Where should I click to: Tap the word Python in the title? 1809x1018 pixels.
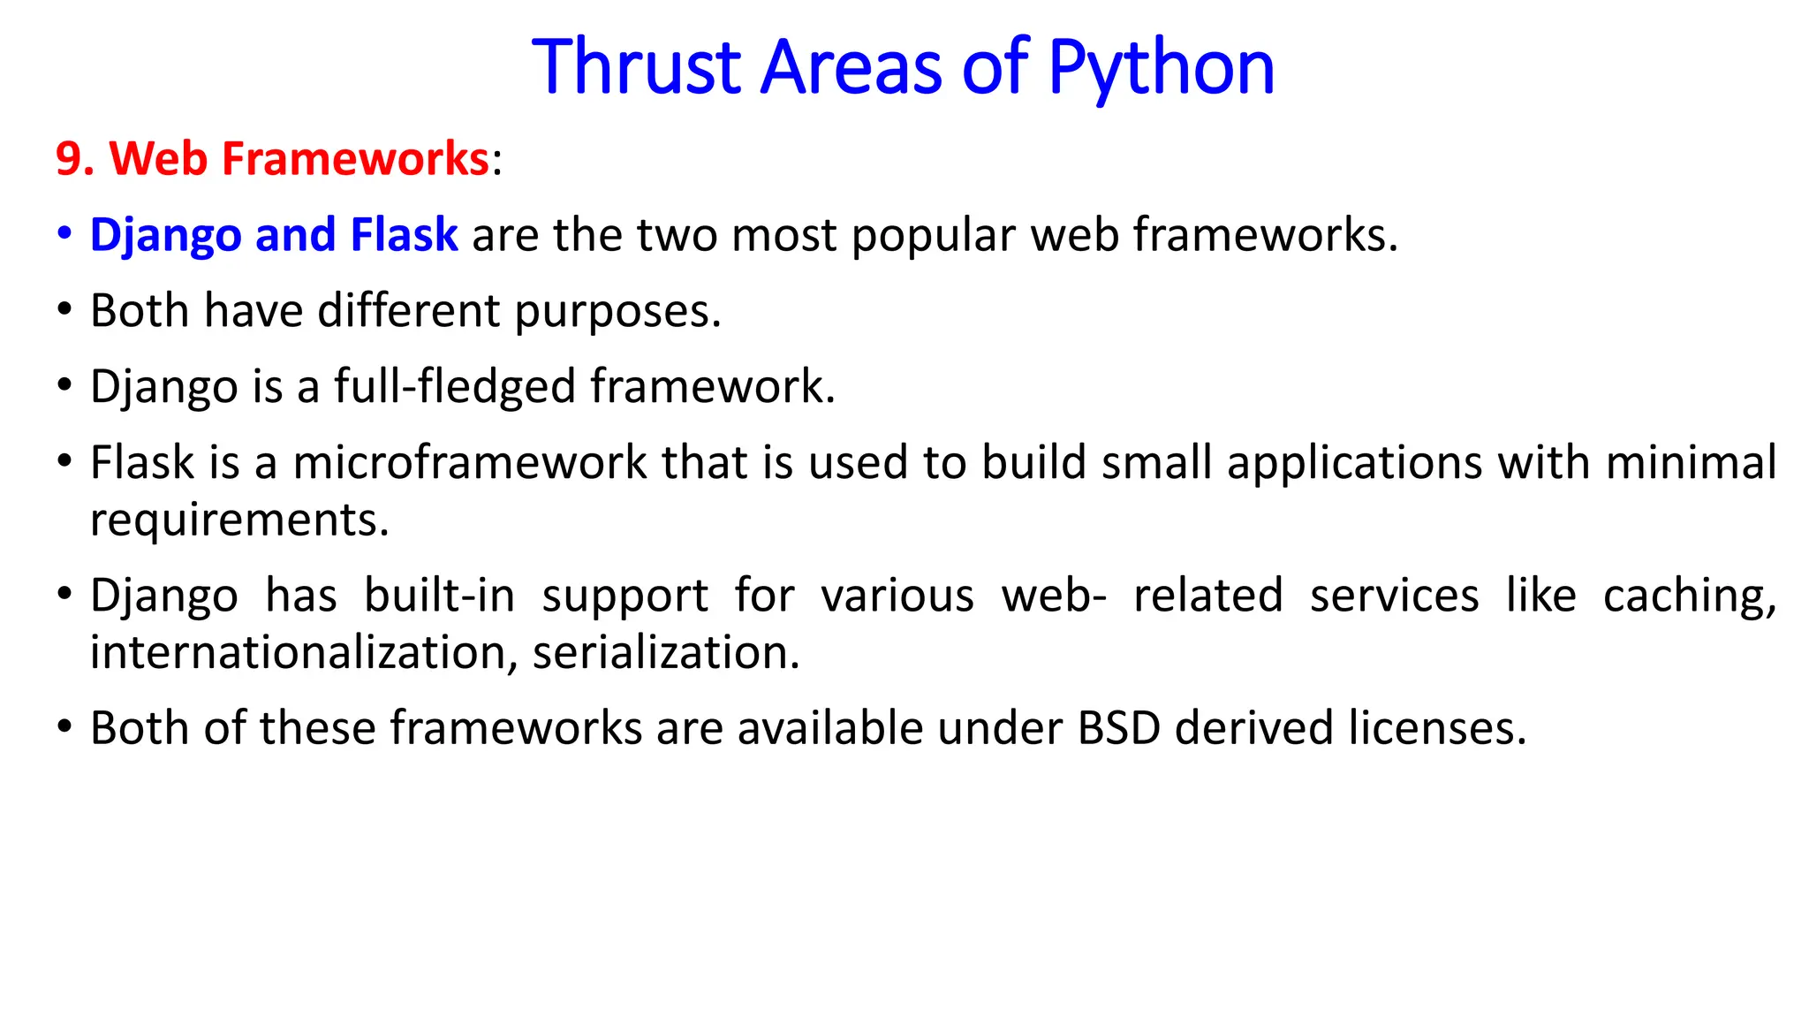click(x=1161, y=69)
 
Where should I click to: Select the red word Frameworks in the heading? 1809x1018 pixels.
click(x=354, y=159)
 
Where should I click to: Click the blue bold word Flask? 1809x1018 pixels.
click(x=404, y=235)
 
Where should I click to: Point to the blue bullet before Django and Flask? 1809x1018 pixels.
click(x=64, y=234)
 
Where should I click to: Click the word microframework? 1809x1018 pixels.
click(x=470, y=463)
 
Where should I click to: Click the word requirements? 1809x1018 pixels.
click(x=239, y=520)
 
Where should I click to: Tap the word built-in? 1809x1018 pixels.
click(x=439, y=596)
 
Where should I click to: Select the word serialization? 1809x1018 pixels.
click(x=666, y=653)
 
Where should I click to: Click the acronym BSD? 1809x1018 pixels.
click(x=1118, y=729)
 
